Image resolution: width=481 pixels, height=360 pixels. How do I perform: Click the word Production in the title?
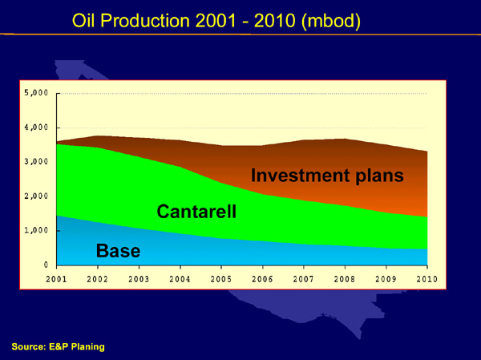tap(145, 21)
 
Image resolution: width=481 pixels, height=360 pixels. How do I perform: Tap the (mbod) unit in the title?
tap(331, 22)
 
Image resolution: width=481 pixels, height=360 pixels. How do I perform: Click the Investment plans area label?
tap(327, 176)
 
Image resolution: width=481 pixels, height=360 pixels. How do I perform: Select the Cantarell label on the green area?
tap(196, 212)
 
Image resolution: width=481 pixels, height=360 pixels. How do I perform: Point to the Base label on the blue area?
tap(118, 251)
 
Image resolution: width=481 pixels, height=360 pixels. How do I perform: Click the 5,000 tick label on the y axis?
tap(37, 93)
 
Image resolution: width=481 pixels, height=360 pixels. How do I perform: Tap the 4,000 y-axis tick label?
tap(37, 127)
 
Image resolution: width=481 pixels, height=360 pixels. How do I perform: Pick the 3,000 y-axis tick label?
tap(37, 162)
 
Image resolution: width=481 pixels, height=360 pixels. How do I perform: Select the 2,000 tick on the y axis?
tap(37, 196)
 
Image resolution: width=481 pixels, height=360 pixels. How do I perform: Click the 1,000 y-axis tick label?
tap(37, 230)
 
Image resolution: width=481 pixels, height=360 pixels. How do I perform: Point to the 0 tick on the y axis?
tap(46, 265)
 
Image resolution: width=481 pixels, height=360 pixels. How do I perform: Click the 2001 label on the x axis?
tap(56, 279)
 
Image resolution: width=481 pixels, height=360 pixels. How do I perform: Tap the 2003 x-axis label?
tap(139, 279)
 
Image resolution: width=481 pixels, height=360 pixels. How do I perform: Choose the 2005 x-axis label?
tap(221, 279)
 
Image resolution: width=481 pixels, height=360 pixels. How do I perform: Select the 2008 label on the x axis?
tap(345, 279)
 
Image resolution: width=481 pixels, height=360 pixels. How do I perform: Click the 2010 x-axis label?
tap(427, 279)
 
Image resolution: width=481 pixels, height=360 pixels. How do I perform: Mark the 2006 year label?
tap(262, 279)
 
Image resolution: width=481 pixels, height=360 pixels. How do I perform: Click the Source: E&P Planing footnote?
tap(59, 347)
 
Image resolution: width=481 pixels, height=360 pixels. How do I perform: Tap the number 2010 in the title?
tap(274, 21)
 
